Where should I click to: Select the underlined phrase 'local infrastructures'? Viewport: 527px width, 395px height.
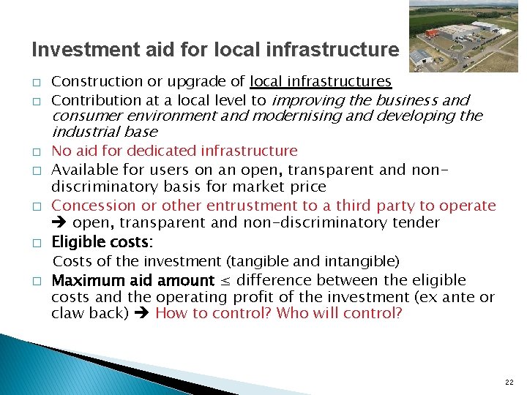321,81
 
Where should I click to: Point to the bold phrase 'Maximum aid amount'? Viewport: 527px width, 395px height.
133,280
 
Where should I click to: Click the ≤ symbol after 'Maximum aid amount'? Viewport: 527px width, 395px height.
225,280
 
